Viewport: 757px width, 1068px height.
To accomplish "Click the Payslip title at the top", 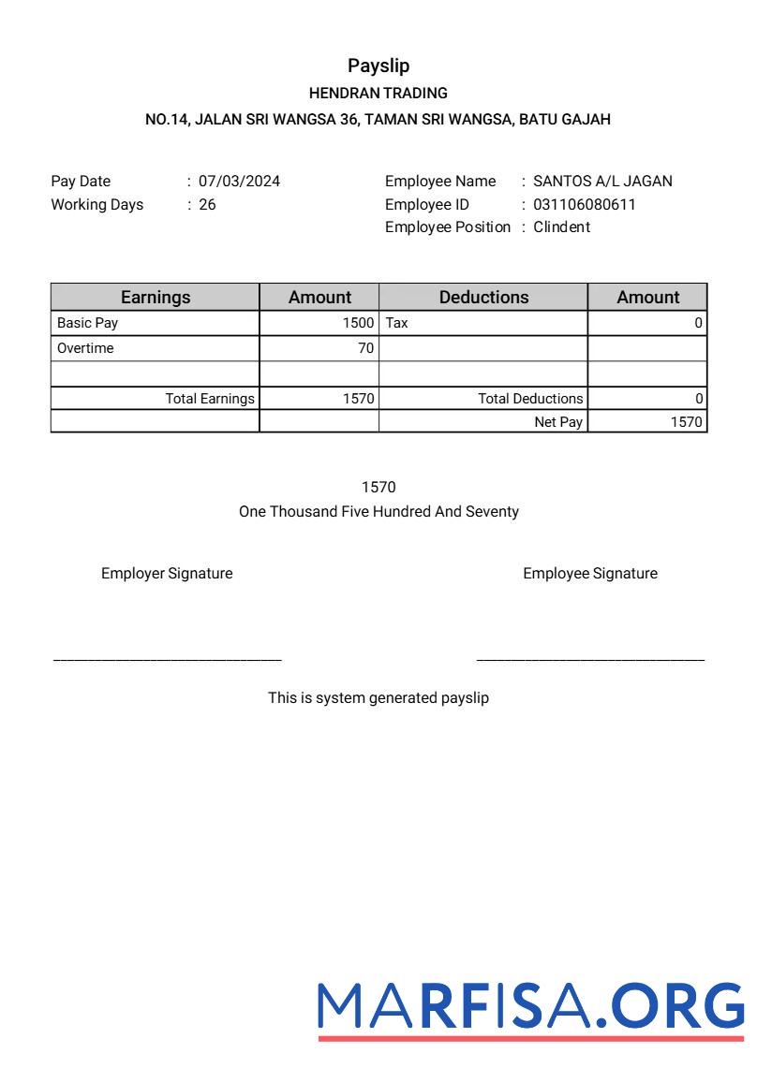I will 378,66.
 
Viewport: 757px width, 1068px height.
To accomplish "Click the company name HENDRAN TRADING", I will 378,93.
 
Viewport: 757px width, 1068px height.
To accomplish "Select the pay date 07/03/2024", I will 239,182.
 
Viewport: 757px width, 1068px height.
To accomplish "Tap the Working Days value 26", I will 207,204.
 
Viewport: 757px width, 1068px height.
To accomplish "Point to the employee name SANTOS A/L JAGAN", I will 602,182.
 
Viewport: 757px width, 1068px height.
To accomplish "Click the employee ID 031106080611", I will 585,204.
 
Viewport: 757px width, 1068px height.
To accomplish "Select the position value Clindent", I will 561,227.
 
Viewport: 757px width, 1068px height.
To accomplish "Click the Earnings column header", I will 156,297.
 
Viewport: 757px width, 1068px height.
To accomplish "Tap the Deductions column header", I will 483,297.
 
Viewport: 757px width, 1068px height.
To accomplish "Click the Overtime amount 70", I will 365,348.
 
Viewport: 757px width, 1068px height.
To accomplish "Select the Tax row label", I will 397,323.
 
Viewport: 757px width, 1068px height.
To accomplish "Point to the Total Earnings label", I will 210,399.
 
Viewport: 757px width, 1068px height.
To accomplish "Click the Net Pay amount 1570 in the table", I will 686,422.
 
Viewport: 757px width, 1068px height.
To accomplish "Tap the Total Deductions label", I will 530,399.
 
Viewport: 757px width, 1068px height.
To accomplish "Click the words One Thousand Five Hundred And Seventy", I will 378,512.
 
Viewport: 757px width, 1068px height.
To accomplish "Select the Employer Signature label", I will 167,574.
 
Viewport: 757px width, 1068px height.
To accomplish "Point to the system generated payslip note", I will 378,698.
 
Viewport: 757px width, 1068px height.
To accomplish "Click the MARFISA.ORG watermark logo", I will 531,1007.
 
